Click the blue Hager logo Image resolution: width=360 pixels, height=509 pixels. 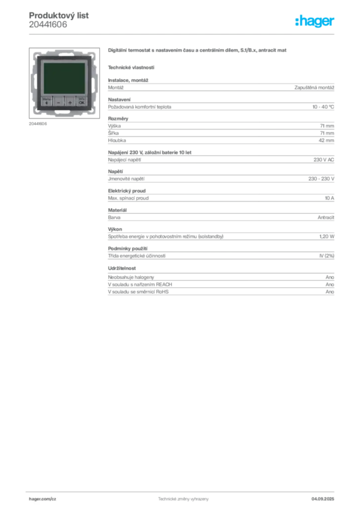coord(315,22)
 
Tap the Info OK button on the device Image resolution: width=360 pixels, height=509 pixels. coord(81,100)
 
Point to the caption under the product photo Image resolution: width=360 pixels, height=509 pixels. coord(38,124)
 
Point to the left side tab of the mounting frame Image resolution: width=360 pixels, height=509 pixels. coord(32,80)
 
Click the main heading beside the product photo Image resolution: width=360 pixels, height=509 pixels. coord(198,51)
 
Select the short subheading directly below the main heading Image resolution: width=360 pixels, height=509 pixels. coord(131,67)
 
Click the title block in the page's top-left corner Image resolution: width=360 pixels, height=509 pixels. coord(59,20)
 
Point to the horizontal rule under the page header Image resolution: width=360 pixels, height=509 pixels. coord(182,34)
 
